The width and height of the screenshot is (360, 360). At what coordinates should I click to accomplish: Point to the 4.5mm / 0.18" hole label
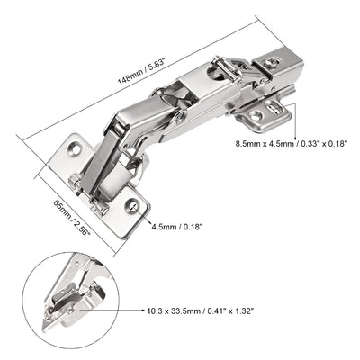pos(175,228)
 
